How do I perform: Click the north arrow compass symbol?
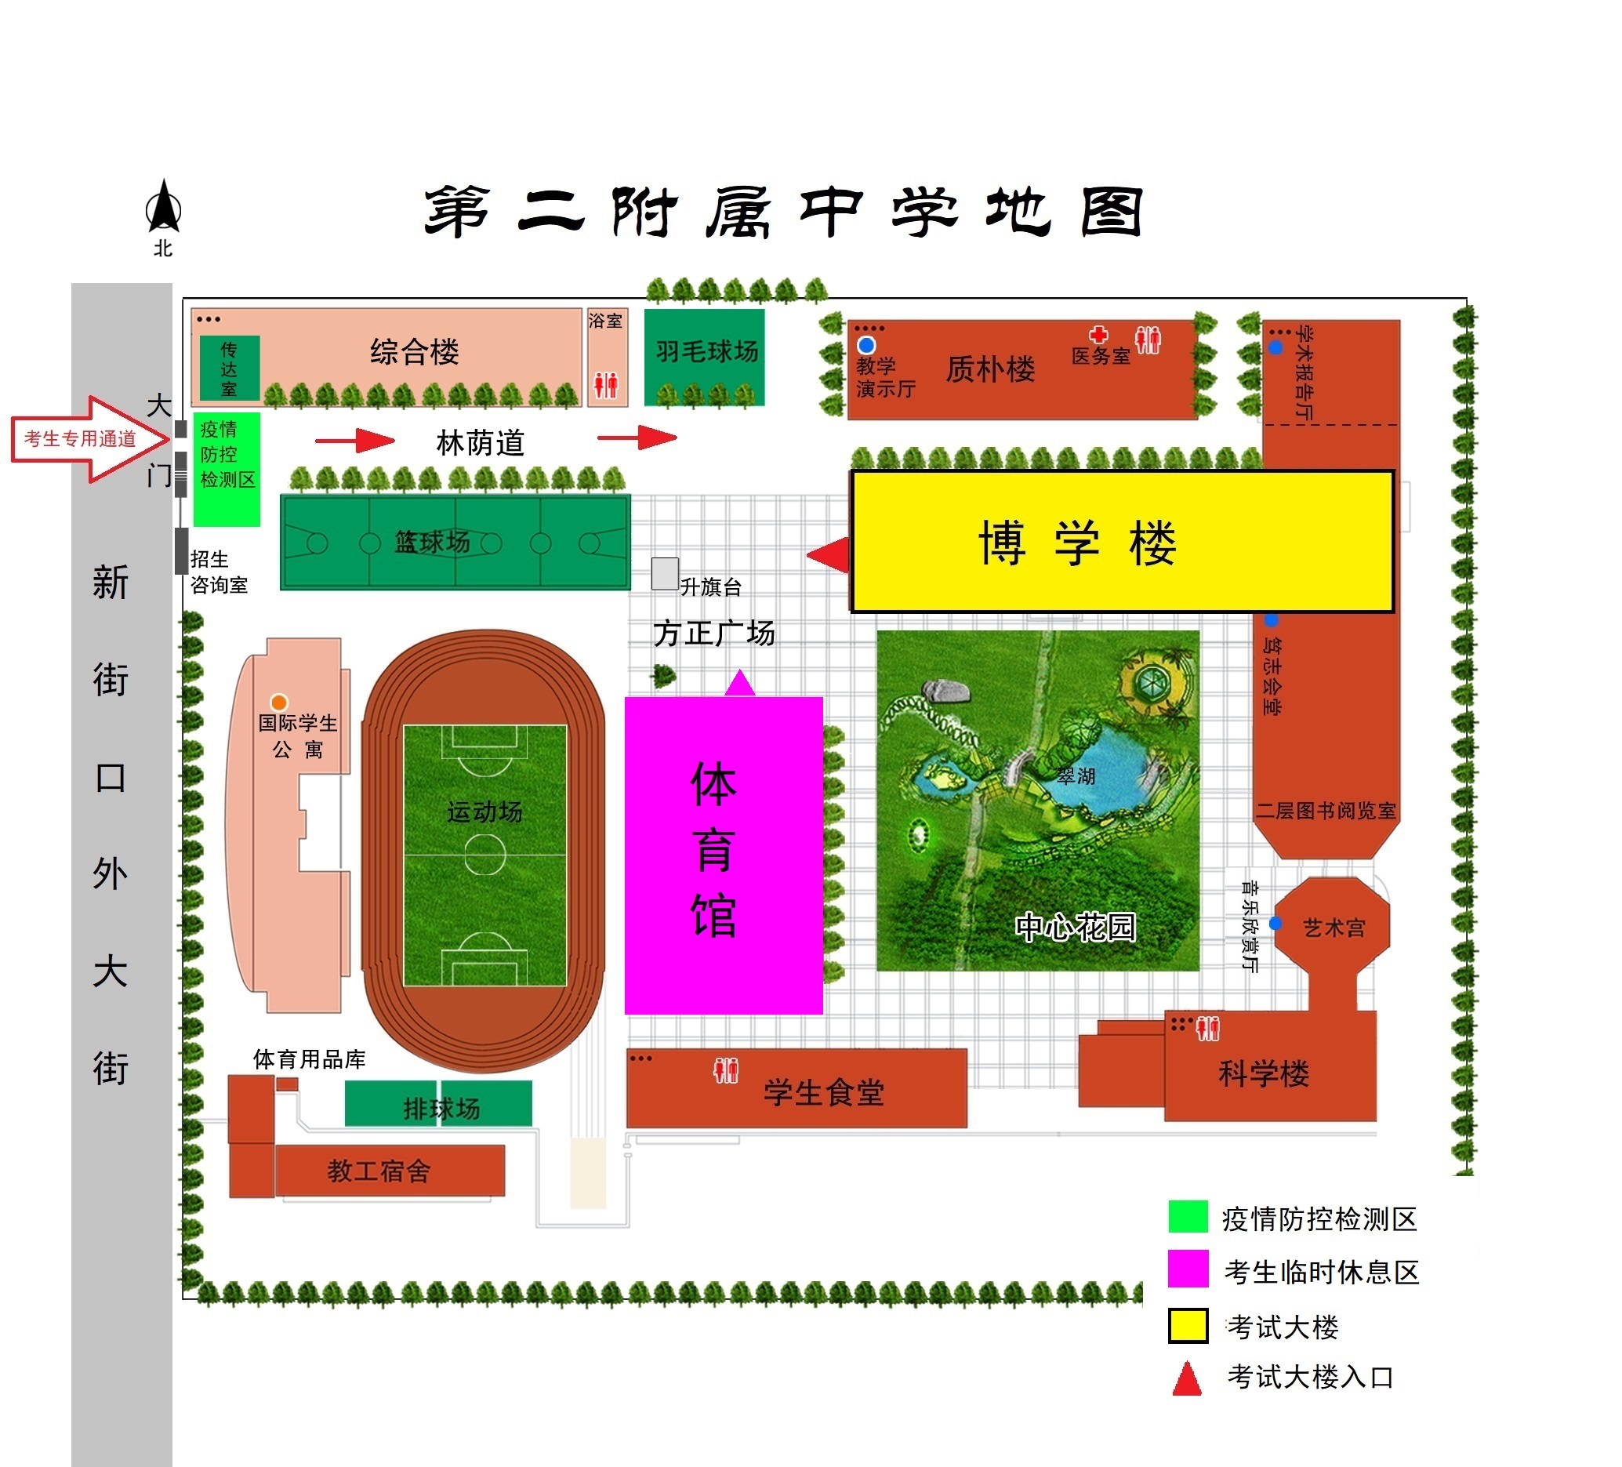click(x=163, y=206)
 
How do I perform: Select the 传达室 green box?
click(x=229, y=369)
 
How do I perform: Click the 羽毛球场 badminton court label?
click(x=706, y=350)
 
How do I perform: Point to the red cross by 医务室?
click(x=1099, y=334)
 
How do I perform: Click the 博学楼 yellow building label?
click(x=1078, y=543)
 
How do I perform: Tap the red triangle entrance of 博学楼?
click(x=829, y=554)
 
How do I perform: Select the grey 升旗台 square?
click(x=666, y=574)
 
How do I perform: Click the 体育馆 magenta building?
click(x=724, y=855)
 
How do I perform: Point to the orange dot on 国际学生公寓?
click(x=279, y=703)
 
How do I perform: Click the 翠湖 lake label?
click(x=1076, y=776)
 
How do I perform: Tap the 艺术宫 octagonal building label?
click(x=1334, y=928)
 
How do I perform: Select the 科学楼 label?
click(x=1264, y=1073)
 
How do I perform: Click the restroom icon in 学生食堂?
click(x=726, y=1070)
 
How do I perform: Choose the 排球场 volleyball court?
click(x=438, y=1103)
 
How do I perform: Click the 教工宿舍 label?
click(x=379, y=1171)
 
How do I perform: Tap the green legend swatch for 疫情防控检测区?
click(x=1188, y=1216)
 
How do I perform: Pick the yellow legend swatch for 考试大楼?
click(x=1188, y=1325)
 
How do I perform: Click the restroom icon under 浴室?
click(x=607, y=385)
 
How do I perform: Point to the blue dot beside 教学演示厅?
click(x=866, y=345)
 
